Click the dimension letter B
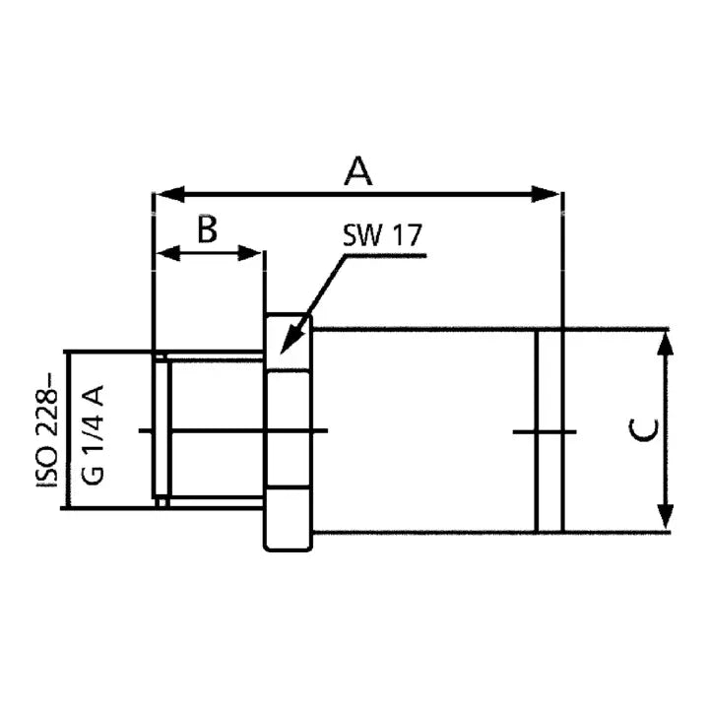pos(207,229)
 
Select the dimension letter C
pos(643,430)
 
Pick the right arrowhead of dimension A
pos(548,194)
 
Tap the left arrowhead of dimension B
pos(168,254)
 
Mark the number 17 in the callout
pos(406,236)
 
